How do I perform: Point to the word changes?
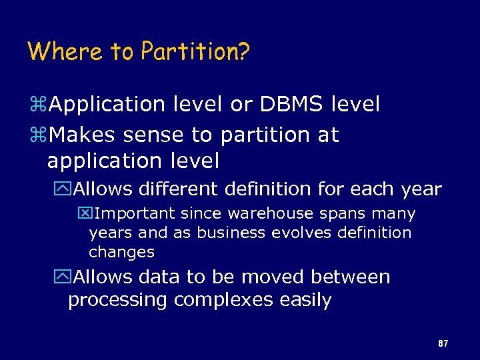click(x=121, y=252)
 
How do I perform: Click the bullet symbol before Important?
click(x=84, y=214)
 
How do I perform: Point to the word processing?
click(x=118, y=301)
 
